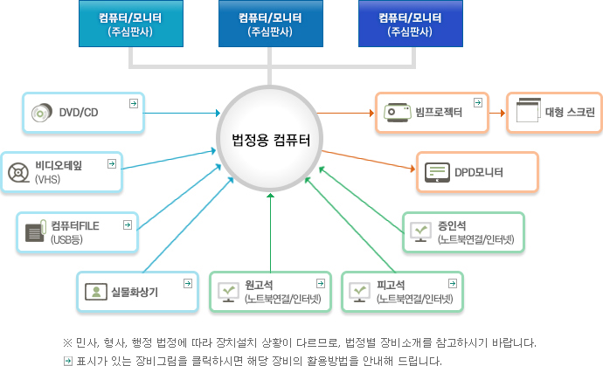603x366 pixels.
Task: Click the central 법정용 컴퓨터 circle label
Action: (x=270, y=139)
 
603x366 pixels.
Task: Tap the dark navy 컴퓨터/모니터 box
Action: (x=409, y=23)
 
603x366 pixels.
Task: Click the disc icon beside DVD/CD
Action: (x=41, y=113)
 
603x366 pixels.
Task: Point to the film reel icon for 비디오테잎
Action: (x=18, y=172)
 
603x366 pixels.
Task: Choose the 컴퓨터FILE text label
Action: (x=75, y=225)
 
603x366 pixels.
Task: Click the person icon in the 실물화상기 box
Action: (x=94, y=292)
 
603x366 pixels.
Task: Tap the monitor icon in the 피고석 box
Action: (x=359, y=292)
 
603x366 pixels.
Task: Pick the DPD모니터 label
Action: (x=479, y=172)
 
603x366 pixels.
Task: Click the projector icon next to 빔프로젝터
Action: (x=397, y=112)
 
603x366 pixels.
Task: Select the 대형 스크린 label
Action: (x=570, y=113)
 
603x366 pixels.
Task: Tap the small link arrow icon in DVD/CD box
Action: (x=133, y=103)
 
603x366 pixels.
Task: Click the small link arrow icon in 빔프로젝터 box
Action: (x=477, y=103)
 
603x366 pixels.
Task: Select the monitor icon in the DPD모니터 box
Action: (x=437, y=172)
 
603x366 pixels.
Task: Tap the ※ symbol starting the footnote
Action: (x=67, y=342)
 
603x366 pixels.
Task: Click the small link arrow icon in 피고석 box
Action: (x=452, y=284)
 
